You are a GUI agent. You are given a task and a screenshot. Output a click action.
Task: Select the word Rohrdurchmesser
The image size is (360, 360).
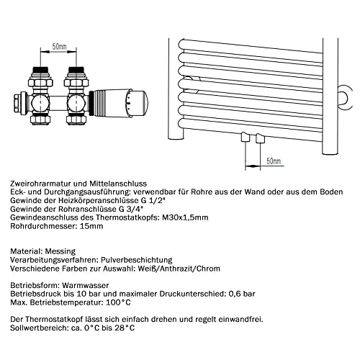[x=45, y=227]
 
